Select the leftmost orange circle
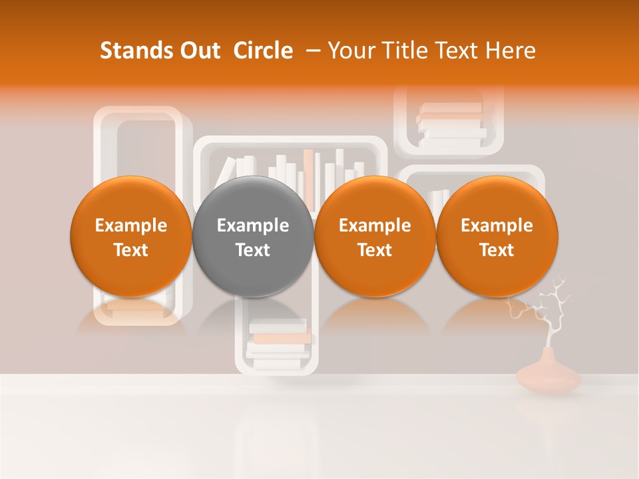point(130,237)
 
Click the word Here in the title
point(512,51)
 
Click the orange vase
point(548,376)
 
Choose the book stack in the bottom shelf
point(278,341)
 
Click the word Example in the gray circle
point(253,226)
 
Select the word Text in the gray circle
point(253,250)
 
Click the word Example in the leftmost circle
point(130,226)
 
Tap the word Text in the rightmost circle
point(497,250)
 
